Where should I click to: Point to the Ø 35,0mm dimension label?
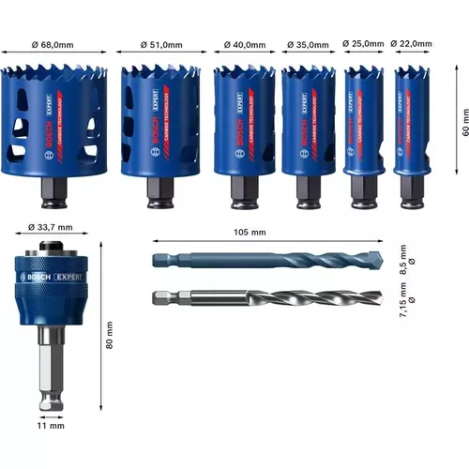tap(308, 43)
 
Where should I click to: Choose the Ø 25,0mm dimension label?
tap(363, 43)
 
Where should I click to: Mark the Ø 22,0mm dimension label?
tap(414, 43)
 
